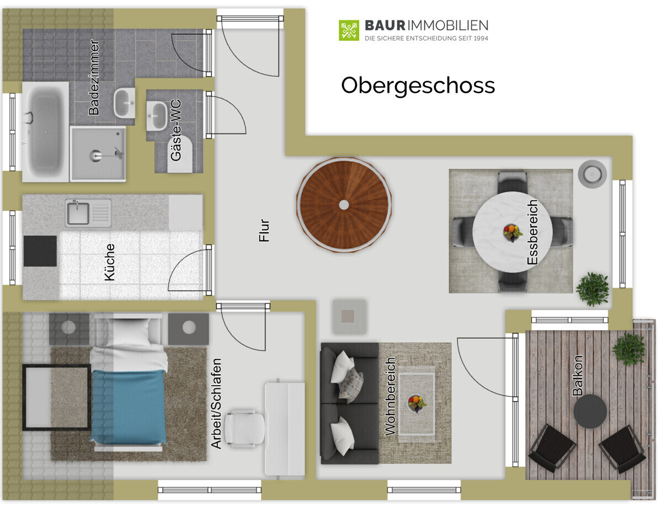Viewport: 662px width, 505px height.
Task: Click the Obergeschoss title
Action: (418, 86)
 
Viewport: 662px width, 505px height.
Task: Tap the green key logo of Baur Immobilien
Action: (349, 30)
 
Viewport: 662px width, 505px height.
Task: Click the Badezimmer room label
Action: (94, 77)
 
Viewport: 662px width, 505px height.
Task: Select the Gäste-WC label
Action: (176, 130)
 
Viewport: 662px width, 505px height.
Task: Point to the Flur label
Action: (264, 230)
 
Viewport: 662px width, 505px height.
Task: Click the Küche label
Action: (109, 262)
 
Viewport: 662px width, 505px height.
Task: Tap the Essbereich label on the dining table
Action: (532, 232)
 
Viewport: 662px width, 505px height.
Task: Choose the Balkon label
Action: (577, 376)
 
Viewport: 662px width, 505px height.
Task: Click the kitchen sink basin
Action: (78, 213)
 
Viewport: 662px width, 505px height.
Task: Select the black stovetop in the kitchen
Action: (40, 251)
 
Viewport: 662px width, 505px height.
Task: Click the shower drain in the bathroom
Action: (95, 155)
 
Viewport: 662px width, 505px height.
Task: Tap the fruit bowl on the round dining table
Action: (512, 232)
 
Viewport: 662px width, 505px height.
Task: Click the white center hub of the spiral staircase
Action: (344, 205)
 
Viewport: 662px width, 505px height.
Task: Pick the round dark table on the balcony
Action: (590, 412)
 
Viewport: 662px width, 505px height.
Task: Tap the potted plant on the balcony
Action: (629, 350)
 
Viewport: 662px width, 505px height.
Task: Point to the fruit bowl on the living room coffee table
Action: (417, 403)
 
